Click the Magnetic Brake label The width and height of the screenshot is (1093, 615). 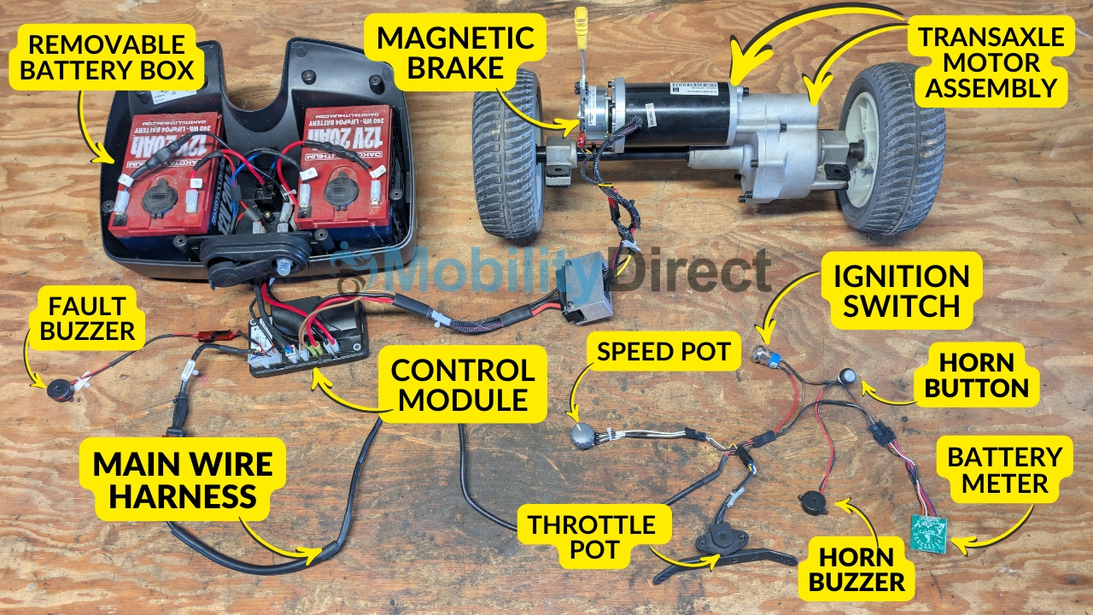point(455,52)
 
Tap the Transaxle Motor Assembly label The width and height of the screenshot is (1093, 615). point(991,61)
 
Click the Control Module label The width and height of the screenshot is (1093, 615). point(463,384)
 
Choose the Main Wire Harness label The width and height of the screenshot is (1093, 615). point(183,479)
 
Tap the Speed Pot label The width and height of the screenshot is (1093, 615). point(663,351)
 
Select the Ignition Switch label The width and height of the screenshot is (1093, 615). point(902,290)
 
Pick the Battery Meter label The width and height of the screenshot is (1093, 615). point(1003,470)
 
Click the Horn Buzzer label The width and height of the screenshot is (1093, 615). point(862,570)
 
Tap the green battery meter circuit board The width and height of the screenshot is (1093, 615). point(928,533)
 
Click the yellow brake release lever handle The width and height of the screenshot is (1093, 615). point(582,17)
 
